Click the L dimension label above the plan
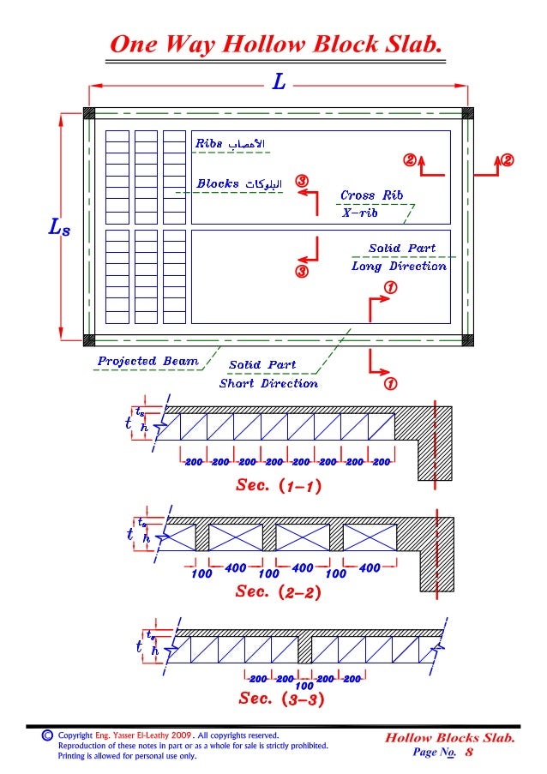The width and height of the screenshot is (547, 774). [x=279, y=83]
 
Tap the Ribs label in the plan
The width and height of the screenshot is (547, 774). [x=209, y=143]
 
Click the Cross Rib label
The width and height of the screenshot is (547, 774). [x=371, y=195]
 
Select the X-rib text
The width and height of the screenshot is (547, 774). [x=359, y=213]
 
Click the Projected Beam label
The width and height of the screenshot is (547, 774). [x=147, y=361]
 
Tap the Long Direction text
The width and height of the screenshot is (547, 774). [x=399, y=266]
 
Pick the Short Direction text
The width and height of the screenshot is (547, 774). [x=268, y=383]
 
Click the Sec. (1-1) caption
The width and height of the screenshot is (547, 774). [x=278, y=486]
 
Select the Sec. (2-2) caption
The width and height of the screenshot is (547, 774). [x=278, y=592]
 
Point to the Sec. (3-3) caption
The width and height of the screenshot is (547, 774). [x=280, y=699]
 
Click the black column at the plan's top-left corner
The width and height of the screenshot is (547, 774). [x=88, y=113]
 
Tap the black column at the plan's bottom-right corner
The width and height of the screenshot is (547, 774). [x=467, y=339]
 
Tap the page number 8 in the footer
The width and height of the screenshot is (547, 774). [x=469, y=753]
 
